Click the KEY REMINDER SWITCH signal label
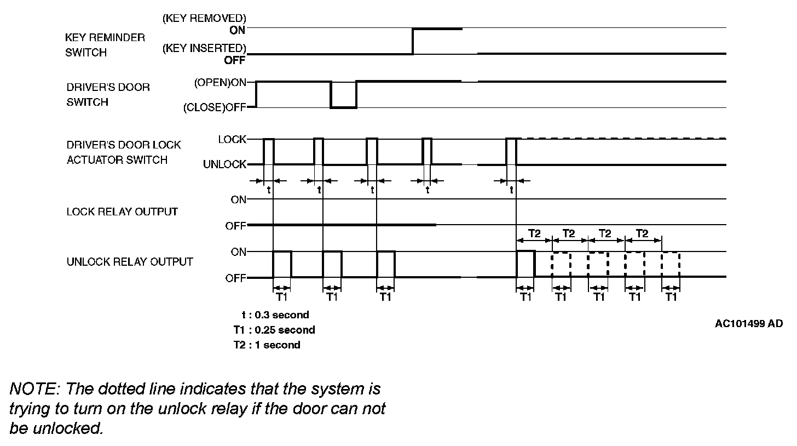(x=105, y=45)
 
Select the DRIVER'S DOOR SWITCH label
(x=108, y=95)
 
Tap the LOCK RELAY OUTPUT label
(x=122, y=211)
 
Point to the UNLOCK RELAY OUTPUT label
(x=130, y=262)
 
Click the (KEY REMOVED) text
(x=204, y=18)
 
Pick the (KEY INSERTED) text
(x=204, y=48)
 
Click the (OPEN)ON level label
(x=220, y=83)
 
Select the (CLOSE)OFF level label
(x=215, y=107)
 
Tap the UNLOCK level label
(x=224, y=164)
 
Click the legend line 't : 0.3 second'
(x=275, y=315)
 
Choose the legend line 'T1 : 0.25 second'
(x=274, y=330)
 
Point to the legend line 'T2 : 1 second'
(x=267, y=345)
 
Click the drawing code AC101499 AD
(x=749, y=323)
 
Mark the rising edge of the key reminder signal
(x=413, y=41)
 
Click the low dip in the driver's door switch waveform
(x=343, y=107)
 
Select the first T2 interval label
(x=534, y=233)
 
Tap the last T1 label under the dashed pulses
(x=671, y=297)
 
